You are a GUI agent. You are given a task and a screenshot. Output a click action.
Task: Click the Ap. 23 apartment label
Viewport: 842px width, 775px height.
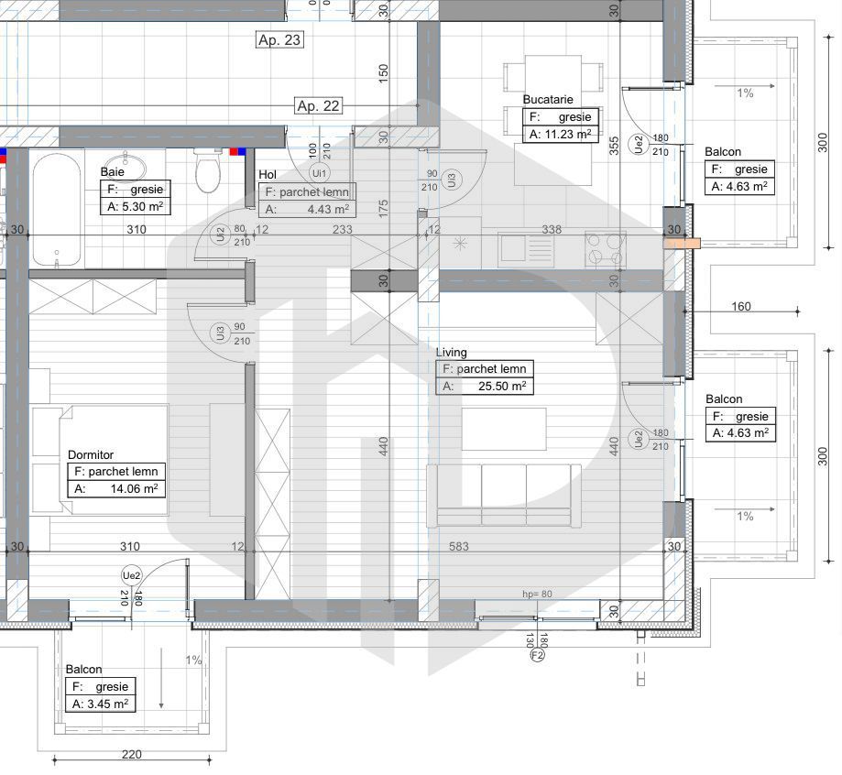[279, 39]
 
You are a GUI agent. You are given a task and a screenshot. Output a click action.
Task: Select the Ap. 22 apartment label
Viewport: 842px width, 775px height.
[318, 105]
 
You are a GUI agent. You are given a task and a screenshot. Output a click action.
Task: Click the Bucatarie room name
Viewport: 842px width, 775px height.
[548, 99]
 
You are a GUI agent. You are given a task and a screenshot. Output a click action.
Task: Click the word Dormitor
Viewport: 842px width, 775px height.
[91, 454]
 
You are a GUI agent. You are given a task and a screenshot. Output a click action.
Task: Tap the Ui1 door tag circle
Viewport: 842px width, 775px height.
[320, 171]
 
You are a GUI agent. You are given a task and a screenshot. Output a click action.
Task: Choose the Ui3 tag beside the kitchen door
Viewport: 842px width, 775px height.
[451, 180]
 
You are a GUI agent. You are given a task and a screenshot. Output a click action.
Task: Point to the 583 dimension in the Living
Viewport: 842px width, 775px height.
[458, 547]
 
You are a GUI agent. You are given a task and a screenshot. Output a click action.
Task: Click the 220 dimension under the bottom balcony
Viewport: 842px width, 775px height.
[132, 755]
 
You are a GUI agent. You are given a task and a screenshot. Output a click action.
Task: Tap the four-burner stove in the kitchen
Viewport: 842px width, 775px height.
[606, 248]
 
